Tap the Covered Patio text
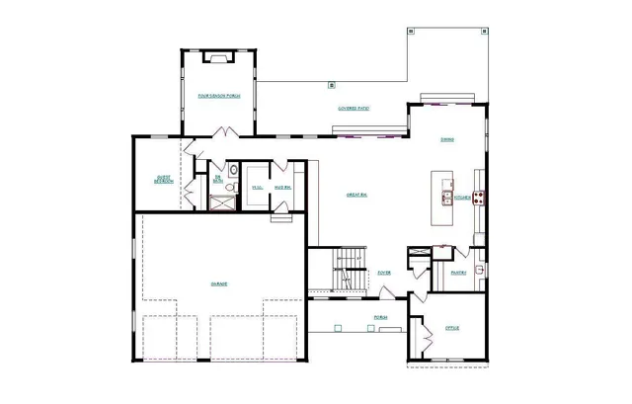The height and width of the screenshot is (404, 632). (353, 108)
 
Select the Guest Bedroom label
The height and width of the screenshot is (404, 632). (163, 180)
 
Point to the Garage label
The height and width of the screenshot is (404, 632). (218, 283)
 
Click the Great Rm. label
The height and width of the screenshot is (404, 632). (357, 195)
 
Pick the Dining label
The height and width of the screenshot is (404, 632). (447, 139)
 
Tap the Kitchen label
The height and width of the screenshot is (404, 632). (461, 198)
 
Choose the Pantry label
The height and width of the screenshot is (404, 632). (458, 273)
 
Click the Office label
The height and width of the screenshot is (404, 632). (452, 327)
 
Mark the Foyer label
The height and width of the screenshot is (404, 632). (385, 272)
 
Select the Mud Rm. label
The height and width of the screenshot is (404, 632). (281, 188)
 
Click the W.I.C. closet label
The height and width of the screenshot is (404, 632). (257, 188)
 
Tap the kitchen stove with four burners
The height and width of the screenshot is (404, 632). (479, 198)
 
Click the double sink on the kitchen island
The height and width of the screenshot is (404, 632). (445, 197)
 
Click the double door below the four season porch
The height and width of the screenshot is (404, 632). (226, 131)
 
